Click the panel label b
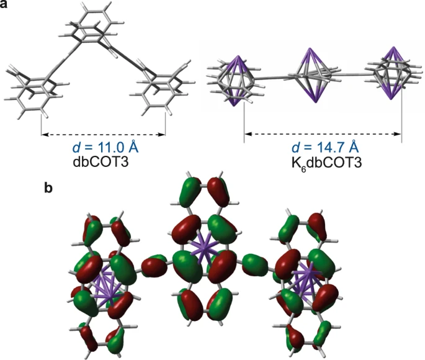(x=50, y=186)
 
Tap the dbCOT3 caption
(x=102, y=162)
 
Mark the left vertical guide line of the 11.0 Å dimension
(x=41, y=121)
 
